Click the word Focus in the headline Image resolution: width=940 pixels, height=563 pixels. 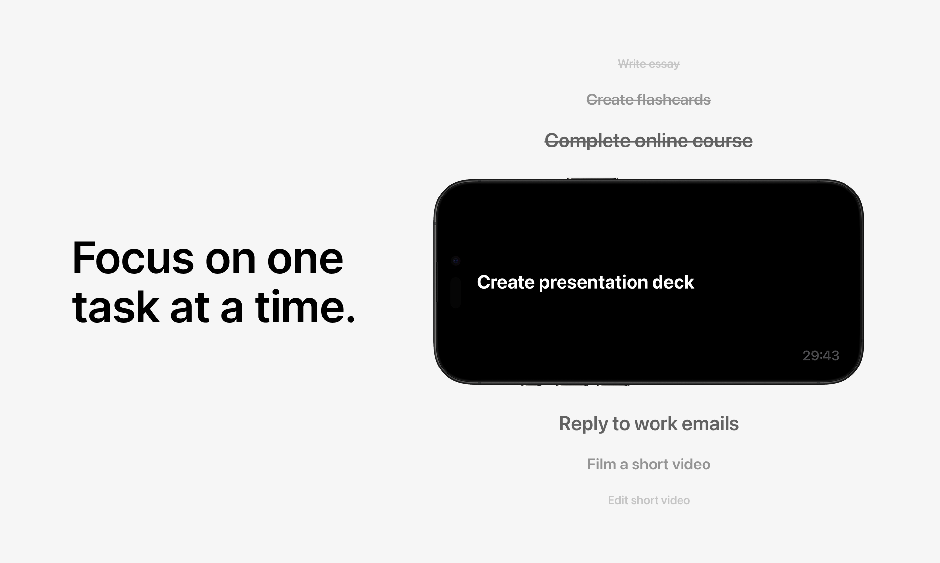133,258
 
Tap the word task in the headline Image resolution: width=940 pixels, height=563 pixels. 116,308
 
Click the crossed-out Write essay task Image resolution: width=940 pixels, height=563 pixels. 649,64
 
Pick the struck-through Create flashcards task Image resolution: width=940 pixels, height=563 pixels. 649,100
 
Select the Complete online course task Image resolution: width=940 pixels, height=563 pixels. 649,141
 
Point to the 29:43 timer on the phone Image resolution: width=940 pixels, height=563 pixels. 821,356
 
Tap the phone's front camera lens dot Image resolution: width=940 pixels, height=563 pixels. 456,261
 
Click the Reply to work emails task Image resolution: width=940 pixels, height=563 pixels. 649,424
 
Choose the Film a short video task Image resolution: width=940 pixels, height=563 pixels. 649,464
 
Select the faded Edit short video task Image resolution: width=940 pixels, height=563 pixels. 649,500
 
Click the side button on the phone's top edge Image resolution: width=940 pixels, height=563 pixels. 592,179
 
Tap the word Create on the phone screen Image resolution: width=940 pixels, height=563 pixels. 506,282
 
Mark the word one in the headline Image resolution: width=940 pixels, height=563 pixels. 305,259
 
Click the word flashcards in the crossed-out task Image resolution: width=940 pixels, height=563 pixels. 674,100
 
